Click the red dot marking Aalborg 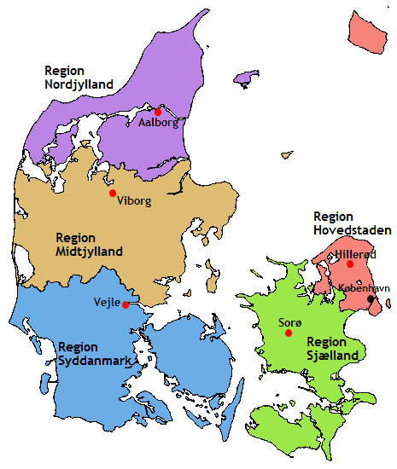coord(158,111)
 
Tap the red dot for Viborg coord(112,194)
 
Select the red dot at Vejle coord(126,304)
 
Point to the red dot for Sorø coord(288,333)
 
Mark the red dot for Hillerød coord(349,264)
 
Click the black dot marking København coord(371,299)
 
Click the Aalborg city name coord(158,124)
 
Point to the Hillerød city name coord(353,254)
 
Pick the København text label coord(365,288)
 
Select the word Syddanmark coord(96,362)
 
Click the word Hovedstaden coord(353,229)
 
